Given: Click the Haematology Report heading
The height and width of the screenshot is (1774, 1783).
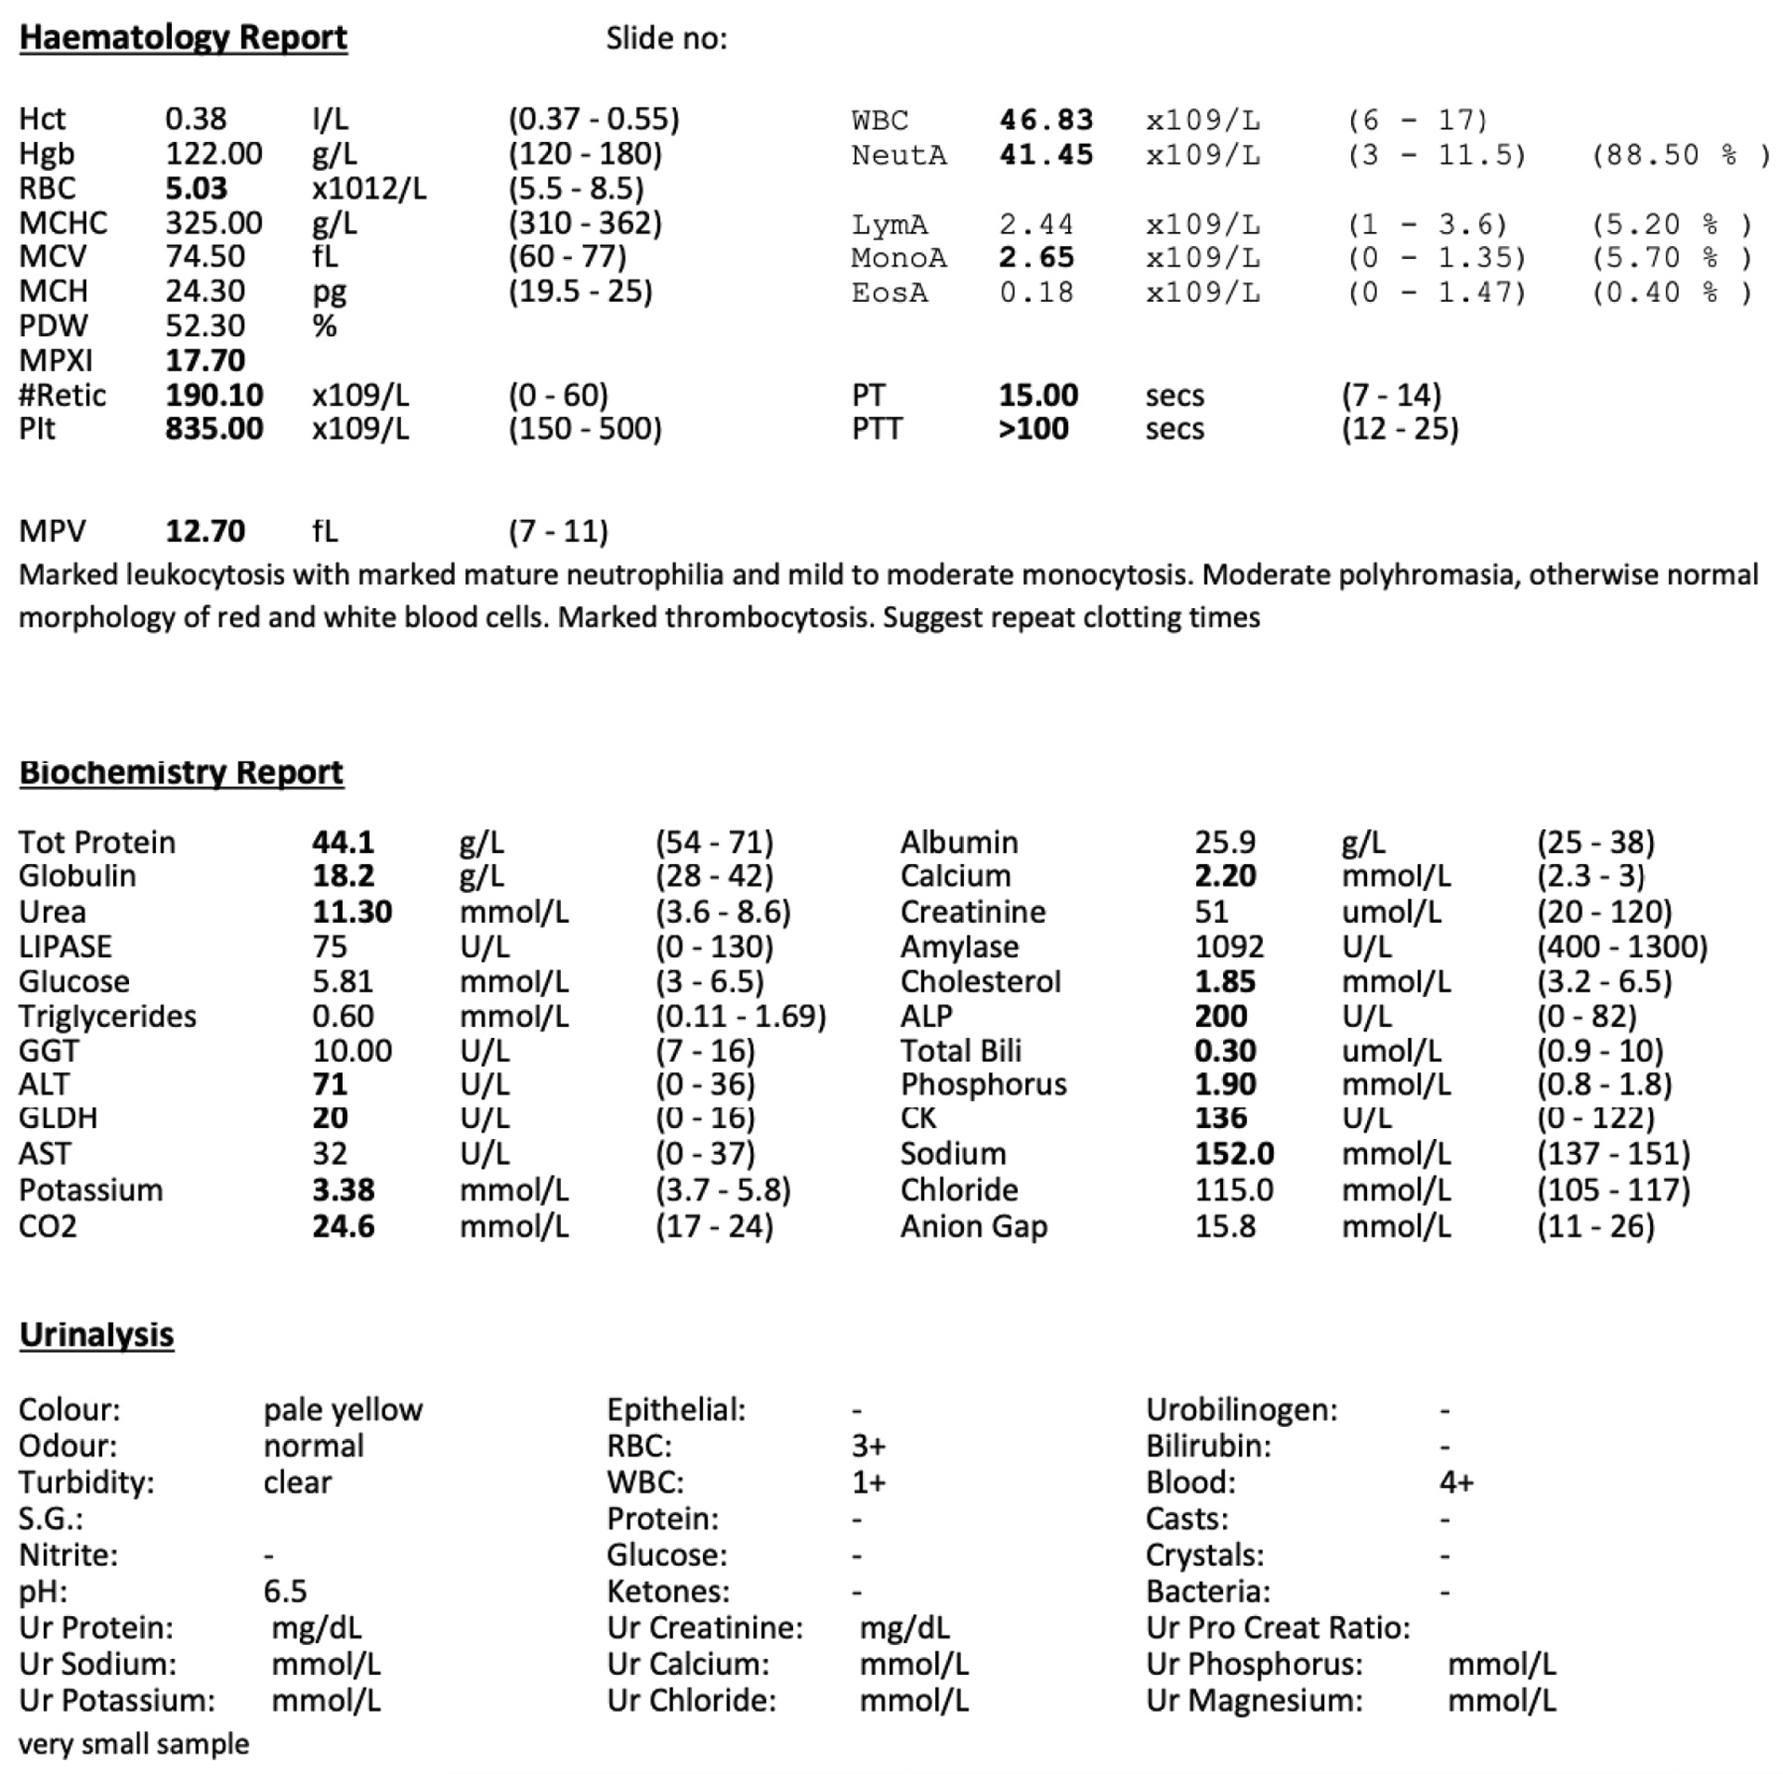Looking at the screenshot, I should click(x=183, y=37).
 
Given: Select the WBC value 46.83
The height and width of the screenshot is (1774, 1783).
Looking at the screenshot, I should click(x=1046, y=120).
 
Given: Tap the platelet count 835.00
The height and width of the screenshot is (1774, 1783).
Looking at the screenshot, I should click(x=214, y=429).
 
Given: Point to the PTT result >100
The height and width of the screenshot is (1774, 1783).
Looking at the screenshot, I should click(x=1033, y=429).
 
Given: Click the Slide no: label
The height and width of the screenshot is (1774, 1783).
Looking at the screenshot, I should click(x=666, y=38).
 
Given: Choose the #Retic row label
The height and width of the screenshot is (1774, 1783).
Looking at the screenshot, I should click(x=61, y=395).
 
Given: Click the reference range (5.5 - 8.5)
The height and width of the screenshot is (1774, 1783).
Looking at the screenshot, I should click(x=576, y=188).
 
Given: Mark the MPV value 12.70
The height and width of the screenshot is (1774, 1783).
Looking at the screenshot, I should click(x=205, y=531).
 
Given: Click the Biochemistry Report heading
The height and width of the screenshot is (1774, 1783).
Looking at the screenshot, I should click(x=181, y=772).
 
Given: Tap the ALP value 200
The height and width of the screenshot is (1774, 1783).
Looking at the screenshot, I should click(x=1220, y=1016).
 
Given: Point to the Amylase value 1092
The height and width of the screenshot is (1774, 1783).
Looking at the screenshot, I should click(x=1229, y=947).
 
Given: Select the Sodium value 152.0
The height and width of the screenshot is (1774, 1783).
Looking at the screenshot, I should click(x=1234, y=1154).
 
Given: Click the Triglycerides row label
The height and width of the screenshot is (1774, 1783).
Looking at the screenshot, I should click(x=107, y=1016).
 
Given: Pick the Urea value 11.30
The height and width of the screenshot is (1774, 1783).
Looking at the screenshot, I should click(x=352, y=912).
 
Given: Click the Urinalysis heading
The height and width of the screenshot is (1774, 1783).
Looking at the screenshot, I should click(x=97, y=1335).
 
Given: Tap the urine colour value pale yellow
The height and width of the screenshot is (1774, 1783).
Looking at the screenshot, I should click(x=343, y=1410).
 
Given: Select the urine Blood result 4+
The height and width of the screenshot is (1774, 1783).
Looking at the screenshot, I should click(x=1455, y=1483).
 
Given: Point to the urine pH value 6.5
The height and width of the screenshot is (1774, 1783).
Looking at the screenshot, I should click(x=284, y=1591).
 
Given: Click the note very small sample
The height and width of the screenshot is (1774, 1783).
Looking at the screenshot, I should click(x=134, y=1744).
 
